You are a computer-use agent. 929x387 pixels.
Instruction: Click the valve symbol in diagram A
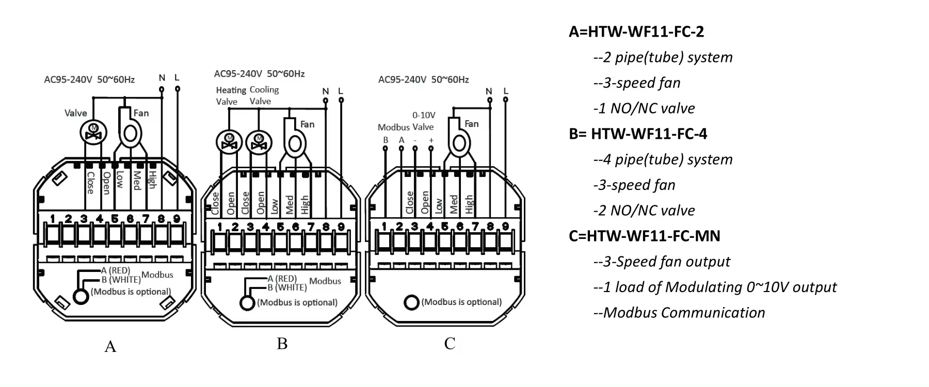[x=93, y=132]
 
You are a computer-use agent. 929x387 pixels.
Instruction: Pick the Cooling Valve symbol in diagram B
[x=259, y=141]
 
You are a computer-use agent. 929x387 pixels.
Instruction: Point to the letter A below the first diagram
[x=110, y=346]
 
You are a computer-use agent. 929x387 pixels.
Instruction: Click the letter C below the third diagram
[x=450, y=344]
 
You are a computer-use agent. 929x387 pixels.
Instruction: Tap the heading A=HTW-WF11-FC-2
[x=636, y=32]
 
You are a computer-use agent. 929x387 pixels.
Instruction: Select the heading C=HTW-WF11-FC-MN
[x=644, y=236]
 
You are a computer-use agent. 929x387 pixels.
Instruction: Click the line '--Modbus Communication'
[x=679, y=313]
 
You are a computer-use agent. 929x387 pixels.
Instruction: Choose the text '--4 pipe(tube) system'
[x=663, y=159]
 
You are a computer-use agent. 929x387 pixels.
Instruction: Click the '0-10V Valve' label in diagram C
[x=423, y=121]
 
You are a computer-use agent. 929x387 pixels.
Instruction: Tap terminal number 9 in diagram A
[x=177, y=219]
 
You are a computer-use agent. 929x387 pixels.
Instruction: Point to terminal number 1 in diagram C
[x=384, y=226]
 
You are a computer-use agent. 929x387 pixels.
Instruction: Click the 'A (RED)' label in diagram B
[x=282, y=279]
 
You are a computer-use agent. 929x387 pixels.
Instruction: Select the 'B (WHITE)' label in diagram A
[x=121, y=280]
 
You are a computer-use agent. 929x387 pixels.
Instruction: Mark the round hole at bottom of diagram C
[x=411, y=302]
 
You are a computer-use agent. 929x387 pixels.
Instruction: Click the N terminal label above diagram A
[x=162, y=78]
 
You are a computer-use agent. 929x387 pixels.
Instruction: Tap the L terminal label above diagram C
[x=506, y=91]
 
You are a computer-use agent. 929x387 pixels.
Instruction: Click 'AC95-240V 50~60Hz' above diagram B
[x=259, y=74]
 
